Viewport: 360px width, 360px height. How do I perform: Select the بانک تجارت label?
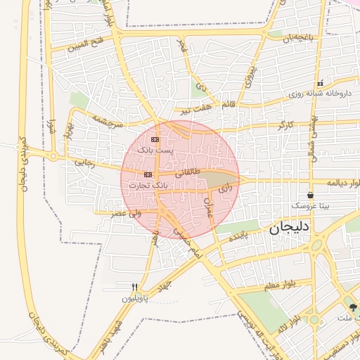(149, 185)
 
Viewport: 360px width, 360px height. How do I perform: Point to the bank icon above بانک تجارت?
(148, 174)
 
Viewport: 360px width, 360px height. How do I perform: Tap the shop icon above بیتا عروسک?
(310, 195)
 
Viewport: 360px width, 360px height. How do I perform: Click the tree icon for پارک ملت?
(353, 307)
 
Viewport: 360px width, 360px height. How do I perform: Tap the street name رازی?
(224, 188)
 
